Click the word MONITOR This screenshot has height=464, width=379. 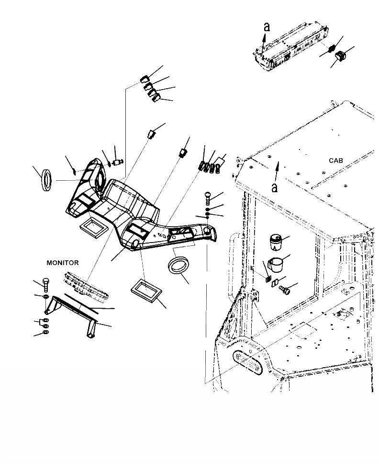click(62, 263)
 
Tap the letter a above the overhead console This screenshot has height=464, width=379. click(267, 27)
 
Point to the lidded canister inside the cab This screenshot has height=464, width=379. click(276, 243)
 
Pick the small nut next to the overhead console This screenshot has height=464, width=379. click(330, 49)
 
